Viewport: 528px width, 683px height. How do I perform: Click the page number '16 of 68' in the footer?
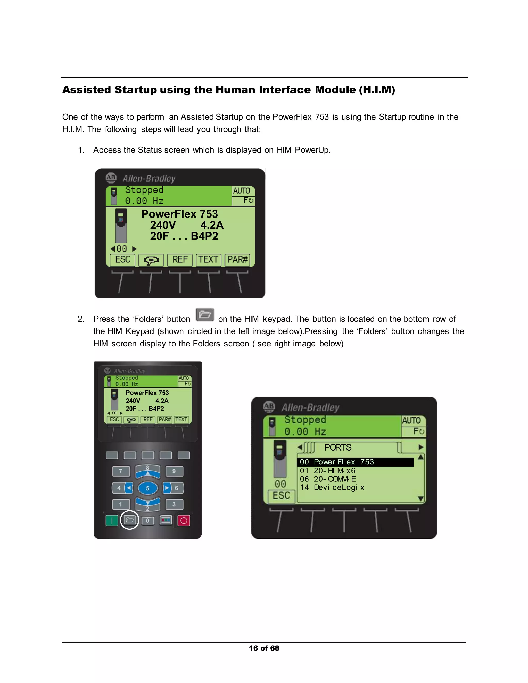pyautogui.click(x=264, y=648)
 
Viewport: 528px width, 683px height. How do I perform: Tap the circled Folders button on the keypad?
pyautogui.click(x=129, y=520)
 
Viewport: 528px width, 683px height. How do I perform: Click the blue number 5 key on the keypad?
pyautogui.click(x=148, y=488)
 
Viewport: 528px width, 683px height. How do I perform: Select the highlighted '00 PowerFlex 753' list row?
pyautogui.click(x=355, y=462)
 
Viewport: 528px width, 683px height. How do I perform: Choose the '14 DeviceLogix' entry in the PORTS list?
pyautogui.click(x=332, y=487)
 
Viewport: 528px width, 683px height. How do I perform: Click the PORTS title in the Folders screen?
pyautogui.click(x=337, y=447)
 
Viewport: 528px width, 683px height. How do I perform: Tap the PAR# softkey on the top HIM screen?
pyautogui.click(x=237, y=260)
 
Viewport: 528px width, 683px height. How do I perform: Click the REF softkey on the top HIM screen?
pyautogui.click(x=180, y=260)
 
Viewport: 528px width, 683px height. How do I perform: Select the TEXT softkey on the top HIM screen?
pyautogui.click(x=208, y=260)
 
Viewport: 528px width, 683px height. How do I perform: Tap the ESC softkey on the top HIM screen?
pyautogui.click(x=123, y=260)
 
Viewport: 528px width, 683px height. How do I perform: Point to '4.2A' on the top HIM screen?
pyautogui.click(x=212, y=225)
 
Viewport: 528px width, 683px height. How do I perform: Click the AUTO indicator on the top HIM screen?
pyautogui.click(x=242, y=190)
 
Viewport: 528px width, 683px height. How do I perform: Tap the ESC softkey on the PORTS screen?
pyautogui.click(x=281, y=496)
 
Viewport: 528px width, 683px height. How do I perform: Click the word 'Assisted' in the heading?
pyautogui.click(x=86, y=90)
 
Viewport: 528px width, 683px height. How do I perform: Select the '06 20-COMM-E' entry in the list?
pyautogui.click(x=328, y=479)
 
